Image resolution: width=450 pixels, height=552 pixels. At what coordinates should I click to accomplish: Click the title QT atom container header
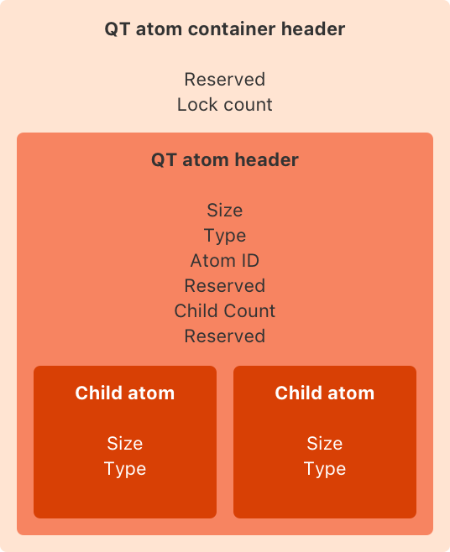pyautogui.click(x=224, y=29)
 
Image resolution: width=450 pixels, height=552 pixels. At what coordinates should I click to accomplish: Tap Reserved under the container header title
pyautogui.click(x=224, y=80)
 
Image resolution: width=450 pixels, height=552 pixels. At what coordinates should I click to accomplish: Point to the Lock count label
pyautogui.click(x=224, y=105)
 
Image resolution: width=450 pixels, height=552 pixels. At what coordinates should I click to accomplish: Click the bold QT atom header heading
pyautogui.click(x=224, y=159)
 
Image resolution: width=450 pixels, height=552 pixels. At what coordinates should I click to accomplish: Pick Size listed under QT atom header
pyautogui.click(x=224, y=210)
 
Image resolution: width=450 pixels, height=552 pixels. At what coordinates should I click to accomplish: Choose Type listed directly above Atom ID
pyautogui.click(x=224, y=235)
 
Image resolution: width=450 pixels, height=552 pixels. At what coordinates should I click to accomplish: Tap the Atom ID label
pyautogui.click(x=224, y=260)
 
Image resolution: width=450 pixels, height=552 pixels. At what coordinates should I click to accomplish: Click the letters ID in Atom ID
pyautogui.click(x=249, y=260)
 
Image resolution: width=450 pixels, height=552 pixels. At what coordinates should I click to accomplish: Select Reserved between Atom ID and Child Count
pyautogui.click(x=224, y=285)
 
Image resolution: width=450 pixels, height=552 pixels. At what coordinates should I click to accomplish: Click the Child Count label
pyautogui.click(x=224, y=310)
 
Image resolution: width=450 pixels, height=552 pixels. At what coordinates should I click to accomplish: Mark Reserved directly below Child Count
pyautogui.click(x=224, y=336)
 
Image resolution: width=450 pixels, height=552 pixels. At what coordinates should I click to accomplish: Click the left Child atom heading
pyautogui.click(x=125, y=393)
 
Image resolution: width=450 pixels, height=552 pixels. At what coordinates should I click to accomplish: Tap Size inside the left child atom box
pyautogui.click(x=125, y=443)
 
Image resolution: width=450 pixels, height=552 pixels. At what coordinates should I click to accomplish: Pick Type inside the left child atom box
pyautogui.click(x=125, y=468)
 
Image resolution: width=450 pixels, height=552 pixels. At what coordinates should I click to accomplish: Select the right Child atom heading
pyautogui.click(x=325, y=393)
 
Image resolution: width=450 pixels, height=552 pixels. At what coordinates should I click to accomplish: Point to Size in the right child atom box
pyautogui.click(x=325, y=443)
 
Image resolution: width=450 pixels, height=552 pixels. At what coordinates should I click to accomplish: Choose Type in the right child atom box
pyautogui.click(x=325, y=468)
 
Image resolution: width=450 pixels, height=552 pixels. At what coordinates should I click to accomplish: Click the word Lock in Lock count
pyautogui.click(x=195, y=105)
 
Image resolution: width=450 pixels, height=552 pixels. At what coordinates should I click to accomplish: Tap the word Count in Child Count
pyautogui.click(x=249, y=310)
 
